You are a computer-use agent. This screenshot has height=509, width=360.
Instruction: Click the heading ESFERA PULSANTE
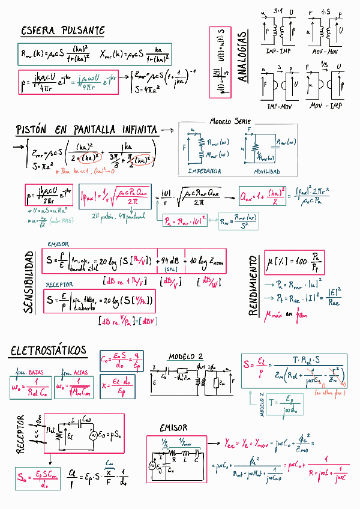click(x=62, y=30)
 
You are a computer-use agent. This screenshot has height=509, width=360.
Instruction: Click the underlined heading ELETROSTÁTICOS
click(x=48, y=351)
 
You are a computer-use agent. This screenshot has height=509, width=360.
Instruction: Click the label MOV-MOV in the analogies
click(x=325, y=53)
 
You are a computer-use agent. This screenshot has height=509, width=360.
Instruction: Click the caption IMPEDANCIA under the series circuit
click(x=204, y=171)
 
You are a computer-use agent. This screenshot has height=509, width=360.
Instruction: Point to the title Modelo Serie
click(x=230, y=122)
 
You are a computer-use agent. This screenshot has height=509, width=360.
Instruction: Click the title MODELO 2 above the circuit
click(x=185, y=356)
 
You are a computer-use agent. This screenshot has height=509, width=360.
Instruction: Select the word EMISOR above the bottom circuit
click(x=173, y=428)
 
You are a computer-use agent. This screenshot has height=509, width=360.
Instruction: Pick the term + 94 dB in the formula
click(x=170, y=261)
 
